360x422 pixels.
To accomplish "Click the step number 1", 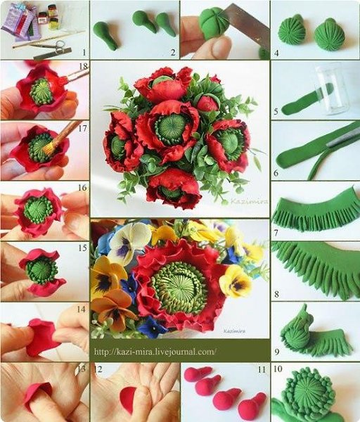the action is pos(84,52).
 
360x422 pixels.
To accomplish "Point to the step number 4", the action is pos(276,53).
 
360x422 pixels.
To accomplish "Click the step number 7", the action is pos(276,233).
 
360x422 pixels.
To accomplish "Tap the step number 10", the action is pos(278,369).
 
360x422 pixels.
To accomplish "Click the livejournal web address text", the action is pos(155,352).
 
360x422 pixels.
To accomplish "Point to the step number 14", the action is pos(81,309).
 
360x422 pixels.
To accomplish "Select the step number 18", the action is pos(84,66).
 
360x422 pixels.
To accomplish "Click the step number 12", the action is pos(98,369).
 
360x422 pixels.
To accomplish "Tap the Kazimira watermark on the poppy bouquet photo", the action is pos(249,201).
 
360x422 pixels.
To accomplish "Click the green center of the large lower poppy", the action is pos(178,288).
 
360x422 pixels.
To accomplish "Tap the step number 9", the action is pos(277,352).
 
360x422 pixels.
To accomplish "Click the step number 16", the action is pos(82,187).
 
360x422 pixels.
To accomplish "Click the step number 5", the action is pos(276,111).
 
